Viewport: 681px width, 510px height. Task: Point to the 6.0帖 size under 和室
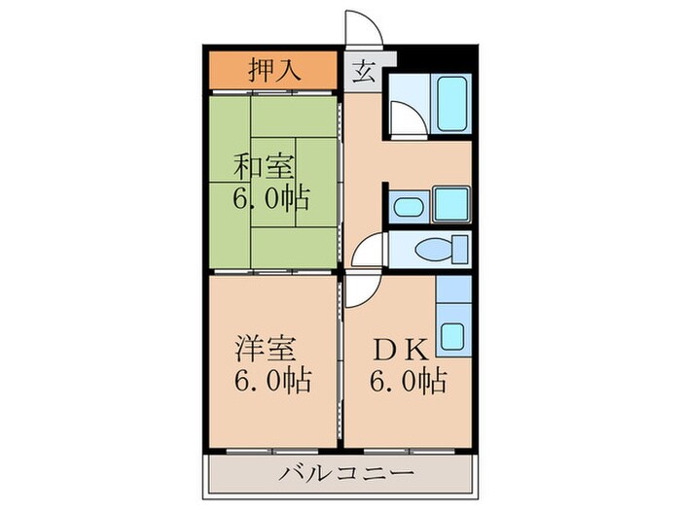click(270, 199)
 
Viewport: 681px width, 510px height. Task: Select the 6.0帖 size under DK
click(408, 381)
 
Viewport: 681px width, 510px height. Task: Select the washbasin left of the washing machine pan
click(407, 207)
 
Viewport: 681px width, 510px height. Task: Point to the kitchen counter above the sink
click(452, 291)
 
